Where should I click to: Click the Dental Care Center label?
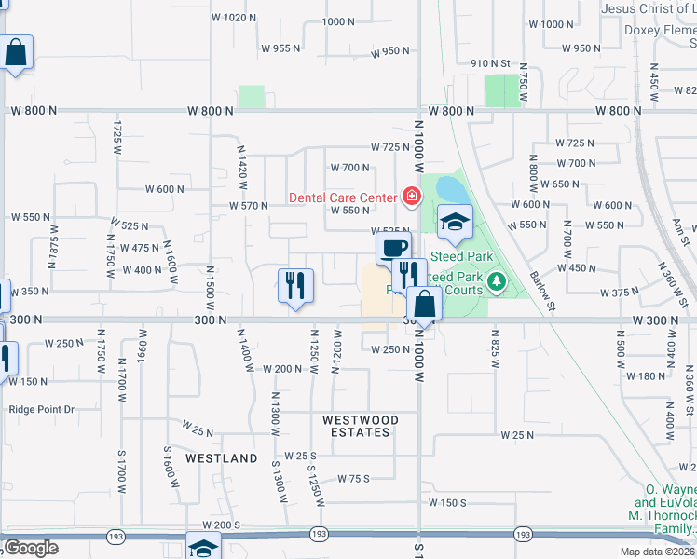343,197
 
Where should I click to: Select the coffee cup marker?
392,249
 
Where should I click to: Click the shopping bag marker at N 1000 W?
424,304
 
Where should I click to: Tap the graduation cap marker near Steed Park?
455,222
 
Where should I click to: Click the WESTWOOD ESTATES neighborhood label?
361,426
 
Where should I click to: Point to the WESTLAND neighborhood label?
221,458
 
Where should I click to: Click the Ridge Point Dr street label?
41,409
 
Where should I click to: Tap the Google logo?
31,548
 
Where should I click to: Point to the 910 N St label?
492,63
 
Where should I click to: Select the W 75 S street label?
354,478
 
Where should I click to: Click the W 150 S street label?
447,502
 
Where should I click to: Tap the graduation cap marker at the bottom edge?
203,547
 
